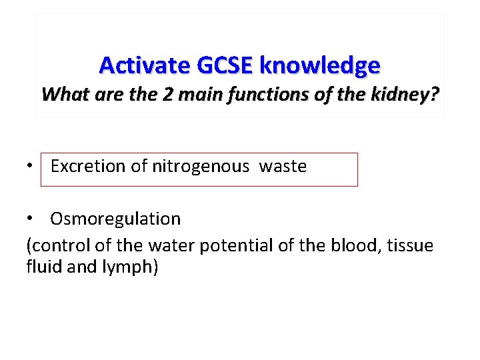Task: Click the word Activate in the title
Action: (145, 65)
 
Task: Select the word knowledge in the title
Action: (320, 65)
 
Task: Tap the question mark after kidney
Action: (435, 94)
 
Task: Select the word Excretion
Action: (89, 166)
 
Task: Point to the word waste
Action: (283, 166)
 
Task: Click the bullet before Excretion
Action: (31, 166)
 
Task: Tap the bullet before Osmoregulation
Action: (31, 219)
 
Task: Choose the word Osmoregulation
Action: (115, 219)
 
